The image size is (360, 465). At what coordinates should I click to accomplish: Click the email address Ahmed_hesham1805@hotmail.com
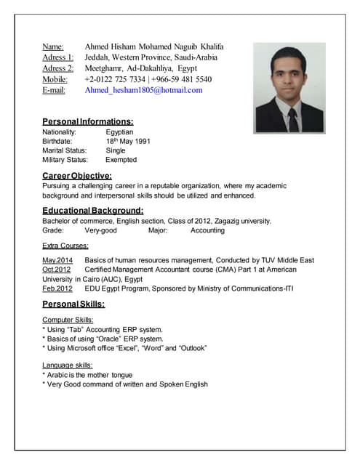[143, 90]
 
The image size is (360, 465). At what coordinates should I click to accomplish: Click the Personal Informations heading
[87, 121]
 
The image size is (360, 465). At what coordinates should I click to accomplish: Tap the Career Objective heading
[77, 175]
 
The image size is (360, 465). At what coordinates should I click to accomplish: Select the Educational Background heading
[92, 210]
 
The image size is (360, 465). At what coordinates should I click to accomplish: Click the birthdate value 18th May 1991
[128, 142]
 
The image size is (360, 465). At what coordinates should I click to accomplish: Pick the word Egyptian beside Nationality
[119, 132]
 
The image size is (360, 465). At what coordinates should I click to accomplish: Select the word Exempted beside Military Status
[121, 159]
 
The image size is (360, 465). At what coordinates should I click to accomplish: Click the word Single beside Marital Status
[116, 150]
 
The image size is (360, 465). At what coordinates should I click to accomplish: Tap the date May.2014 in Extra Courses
[57, 260]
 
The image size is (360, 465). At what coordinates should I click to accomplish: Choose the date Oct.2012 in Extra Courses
[57, 270]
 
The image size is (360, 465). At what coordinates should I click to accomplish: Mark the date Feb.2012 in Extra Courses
[57, 288]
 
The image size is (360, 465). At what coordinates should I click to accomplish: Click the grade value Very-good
[100, 230]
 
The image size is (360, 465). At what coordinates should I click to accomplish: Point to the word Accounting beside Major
[207, 230]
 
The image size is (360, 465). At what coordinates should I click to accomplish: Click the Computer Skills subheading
[68, 320]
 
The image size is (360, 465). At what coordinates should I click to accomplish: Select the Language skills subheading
[68, 365]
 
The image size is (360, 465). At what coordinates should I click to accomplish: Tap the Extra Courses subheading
[65, 246]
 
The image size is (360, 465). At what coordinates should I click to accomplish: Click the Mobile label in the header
[55, 79]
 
